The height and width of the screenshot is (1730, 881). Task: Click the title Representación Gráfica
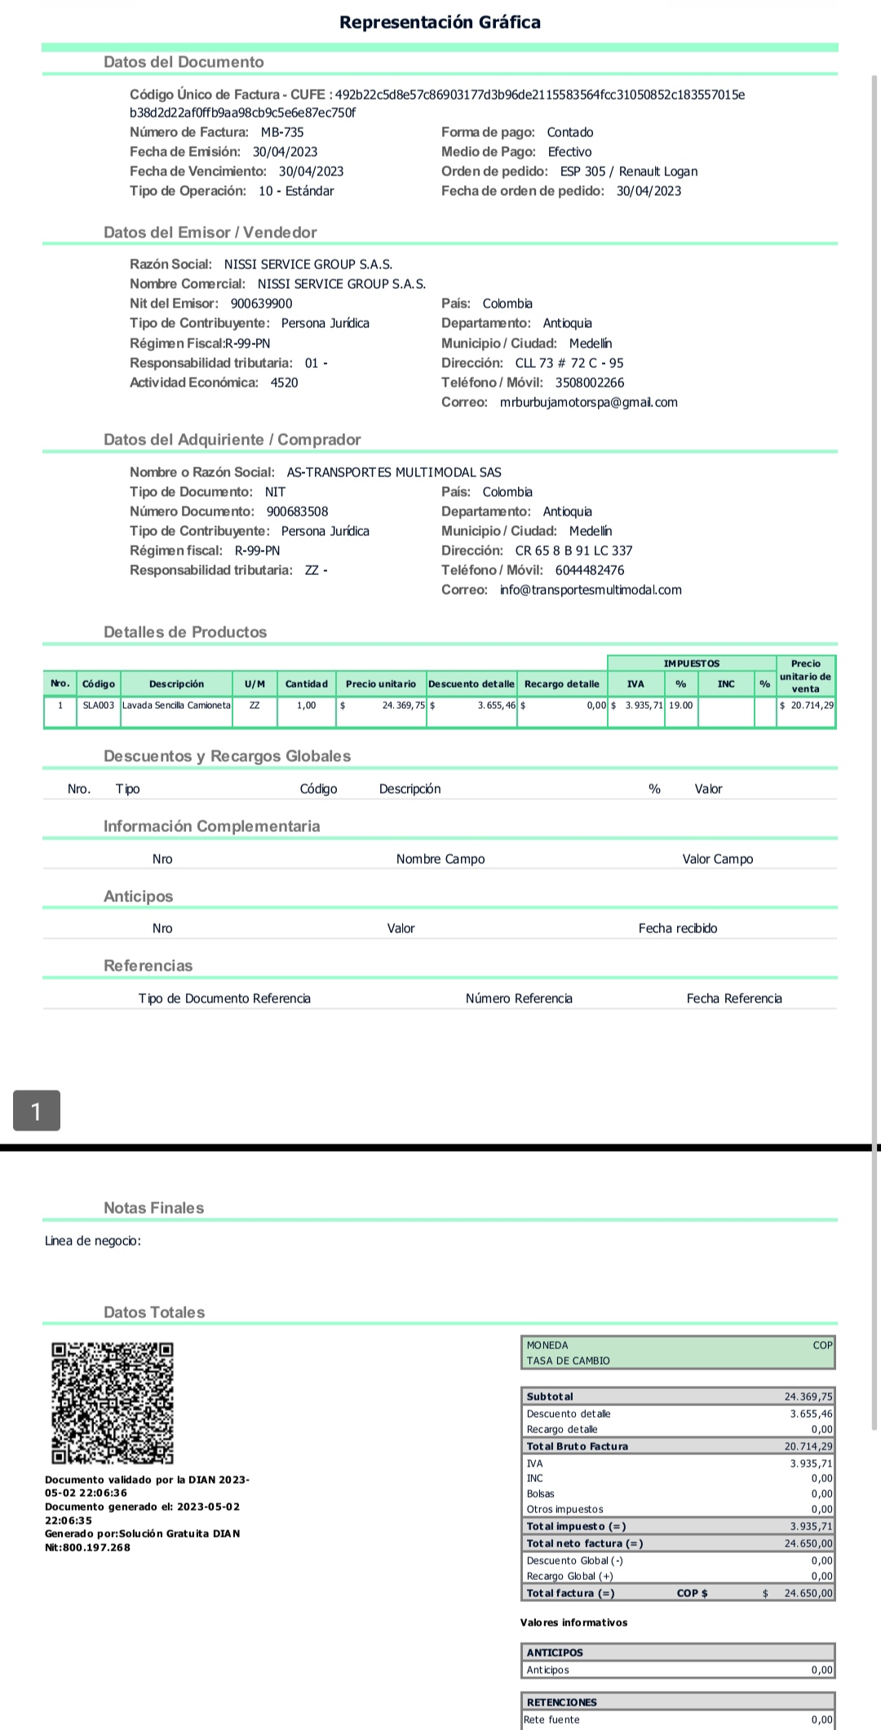(440, 22)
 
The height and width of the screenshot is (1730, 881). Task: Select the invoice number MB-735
(282, 132)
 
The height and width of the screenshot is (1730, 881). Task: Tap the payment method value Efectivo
(569, 152)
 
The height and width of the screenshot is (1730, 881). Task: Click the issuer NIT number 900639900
(261, 303)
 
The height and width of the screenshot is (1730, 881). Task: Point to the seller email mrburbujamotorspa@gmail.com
(588, 402)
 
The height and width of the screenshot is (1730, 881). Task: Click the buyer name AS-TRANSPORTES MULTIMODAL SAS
(394, 472)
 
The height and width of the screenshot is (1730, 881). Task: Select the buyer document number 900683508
(297, 511)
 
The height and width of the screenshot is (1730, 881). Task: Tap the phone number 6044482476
(590, 570)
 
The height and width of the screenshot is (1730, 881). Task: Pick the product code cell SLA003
(98, 705)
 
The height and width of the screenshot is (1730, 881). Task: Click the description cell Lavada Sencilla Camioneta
(176, 705)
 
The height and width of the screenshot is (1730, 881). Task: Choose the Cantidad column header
(306, 684)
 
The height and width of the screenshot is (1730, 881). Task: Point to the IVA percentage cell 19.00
(680, 705)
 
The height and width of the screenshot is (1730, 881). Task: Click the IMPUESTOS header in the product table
(692, 663)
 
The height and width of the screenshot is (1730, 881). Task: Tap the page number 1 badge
(36, 1110)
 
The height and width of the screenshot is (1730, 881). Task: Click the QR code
(113, 1403)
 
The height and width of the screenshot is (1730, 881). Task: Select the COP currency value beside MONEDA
(822, 1345)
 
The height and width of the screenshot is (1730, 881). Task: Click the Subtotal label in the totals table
(550, 1396)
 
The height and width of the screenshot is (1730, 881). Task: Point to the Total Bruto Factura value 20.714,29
(808, 1446)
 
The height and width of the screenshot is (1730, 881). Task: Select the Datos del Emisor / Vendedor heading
(210, 232)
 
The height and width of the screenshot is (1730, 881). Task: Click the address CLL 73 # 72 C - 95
(569, 363)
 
